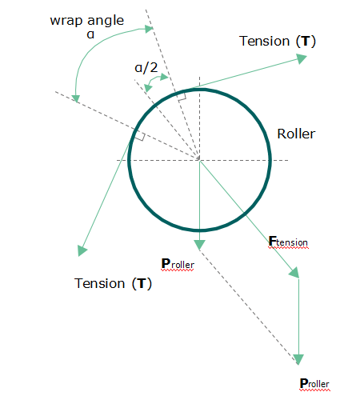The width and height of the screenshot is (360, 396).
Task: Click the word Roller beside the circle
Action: pyautogui.click(x=296, y=134)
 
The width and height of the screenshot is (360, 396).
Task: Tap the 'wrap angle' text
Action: pyautogui.click(x=87, y=21)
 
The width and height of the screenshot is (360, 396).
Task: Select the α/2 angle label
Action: pyautogui.click(x=146, y=68)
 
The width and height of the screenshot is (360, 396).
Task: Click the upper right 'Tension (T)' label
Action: pyautogui.click(x=278, y=42)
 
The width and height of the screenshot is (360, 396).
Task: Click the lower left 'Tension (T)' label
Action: pyautogui.click(x=113, y=283)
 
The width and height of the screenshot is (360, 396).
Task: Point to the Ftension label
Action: pyautogui.click(x=288, y=242)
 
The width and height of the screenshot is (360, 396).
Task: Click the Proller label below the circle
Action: pyautogui.click(x=178, y=264)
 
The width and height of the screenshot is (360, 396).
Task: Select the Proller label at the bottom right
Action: pyautogui.click(x=314, y=384)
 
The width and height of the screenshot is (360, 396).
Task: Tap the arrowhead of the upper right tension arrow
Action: pyautogui.click(x=302, y=58)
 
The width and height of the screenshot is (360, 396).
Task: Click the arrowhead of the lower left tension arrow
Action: pyautogui.click(x=82, y=250)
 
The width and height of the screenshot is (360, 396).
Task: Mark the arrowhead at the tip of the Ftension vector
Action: pyautogui.click(x=294, y=273)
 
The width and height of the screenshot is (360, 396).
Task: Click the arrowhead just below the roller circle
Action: pyautogui.click(x=199, y=245)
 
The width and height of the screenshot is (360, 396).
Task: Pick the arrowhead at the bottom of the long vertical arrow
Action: pyautogui.click(x=298, y=359)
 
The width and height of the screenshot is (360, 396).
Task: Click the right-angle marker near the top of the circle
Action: pyautogui.click(x=182, y=97)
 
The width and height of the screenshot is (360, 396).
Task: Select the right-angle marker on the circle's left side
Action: pyautogui.click(x=140, y=135)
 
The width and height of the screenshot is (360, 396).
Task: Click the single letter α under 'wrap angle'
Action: pyautogui.click(x=90, y=34)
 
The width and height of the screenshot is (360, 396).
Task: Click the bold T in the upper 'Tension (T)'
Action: pyautogui.click(x=306, y=42)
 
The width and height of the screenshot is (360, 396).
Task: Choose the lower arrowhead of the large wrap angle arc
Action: pyautogui.click(x=76, y=98)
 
